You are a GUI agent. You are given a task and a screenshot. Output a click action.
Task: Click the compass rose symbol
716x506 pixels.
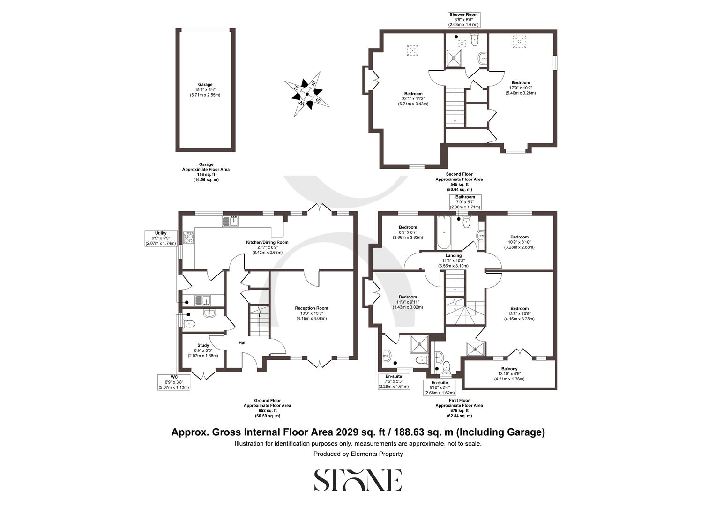pos(307,94)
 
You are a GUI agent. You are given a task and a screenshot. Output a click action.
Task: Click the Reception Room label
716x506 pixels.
pos(311,313)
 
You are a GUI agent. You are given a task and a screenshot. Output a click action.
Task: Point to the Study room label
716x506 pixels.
pos(203,350)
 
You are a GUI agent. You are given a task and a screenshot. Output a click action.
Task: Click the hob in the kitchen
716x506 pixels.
pos(189,238)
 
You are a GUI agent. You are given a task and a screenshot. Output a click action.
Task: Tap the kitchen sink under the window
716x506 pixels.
pos(231,221)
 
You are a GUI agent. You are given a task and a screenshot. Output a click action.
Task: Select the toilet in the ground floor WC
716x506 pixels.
pos(190,324)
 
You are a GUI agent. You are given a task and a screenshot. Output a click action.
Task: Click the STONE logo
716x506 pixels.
pos(358,480)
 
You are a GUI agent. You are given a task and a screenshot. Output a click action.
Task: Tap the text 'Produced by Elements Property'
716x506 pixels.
pos(358,454)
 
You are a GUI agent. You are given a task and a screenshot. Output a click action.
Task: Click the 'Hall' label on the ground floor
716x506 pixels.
pos(243,343)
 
